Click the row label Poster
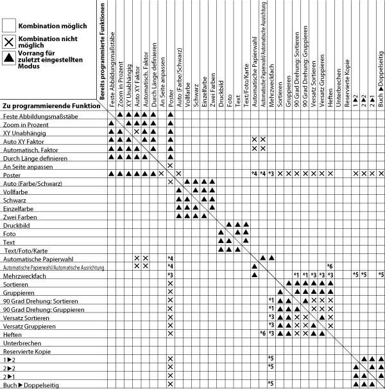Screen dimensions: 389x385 (x=12, y=174)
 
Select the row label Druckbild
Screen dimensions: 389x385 (x=17, y=225)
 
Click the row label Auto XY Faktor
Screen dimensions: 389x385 (x=22, y=140)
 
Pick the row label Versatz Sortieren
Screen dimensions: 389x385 (x=26, y=316)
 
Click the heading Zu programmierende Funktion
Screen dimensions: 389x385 (x=51, y=105)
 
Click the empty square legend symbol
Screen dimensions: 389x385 (x=9, y=26)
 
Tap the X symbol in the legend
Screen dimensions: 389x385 (x=9, y=42)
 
